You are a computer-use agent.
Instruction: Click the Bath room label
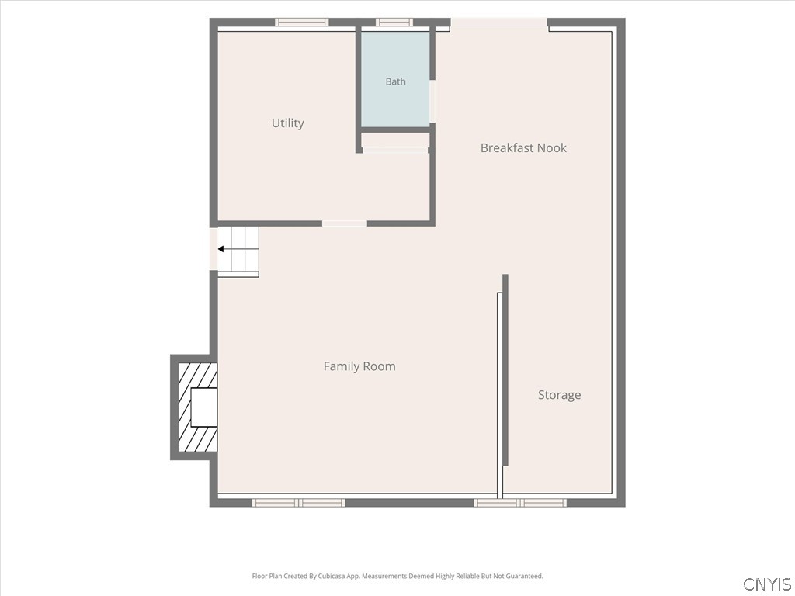[395, 81]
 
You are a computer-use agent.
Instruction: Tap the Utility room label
[288, 123]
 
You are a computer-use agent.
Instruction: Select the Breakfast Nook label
[523, 148]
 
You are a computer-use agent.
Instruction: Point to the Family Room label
[359, 366]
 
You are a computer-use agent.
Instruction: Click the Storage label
[559, 395]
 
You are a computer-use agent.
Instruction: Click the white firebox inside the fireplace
[204, 407]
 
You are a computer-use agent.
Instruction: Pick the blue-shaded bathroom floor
[395, 79]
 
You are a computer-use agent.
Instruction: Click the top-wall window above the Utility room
[302, 23]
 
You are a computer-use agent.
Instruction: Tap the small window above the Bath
[394, 23]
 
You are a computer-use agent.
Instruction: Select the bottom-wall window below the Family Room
[299, 503]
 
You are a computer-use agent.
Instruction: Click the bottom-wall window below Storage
[520, 503]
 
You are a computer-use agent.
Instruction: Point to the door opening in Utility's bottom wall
[345, 223]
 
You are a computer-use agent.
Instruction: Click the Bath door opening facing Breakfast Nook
[432, 102]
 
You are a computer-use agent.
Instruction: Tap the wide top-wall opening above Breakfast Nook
[499, 23]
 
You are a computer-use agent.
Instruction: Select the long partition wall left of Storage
[505, 370]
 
